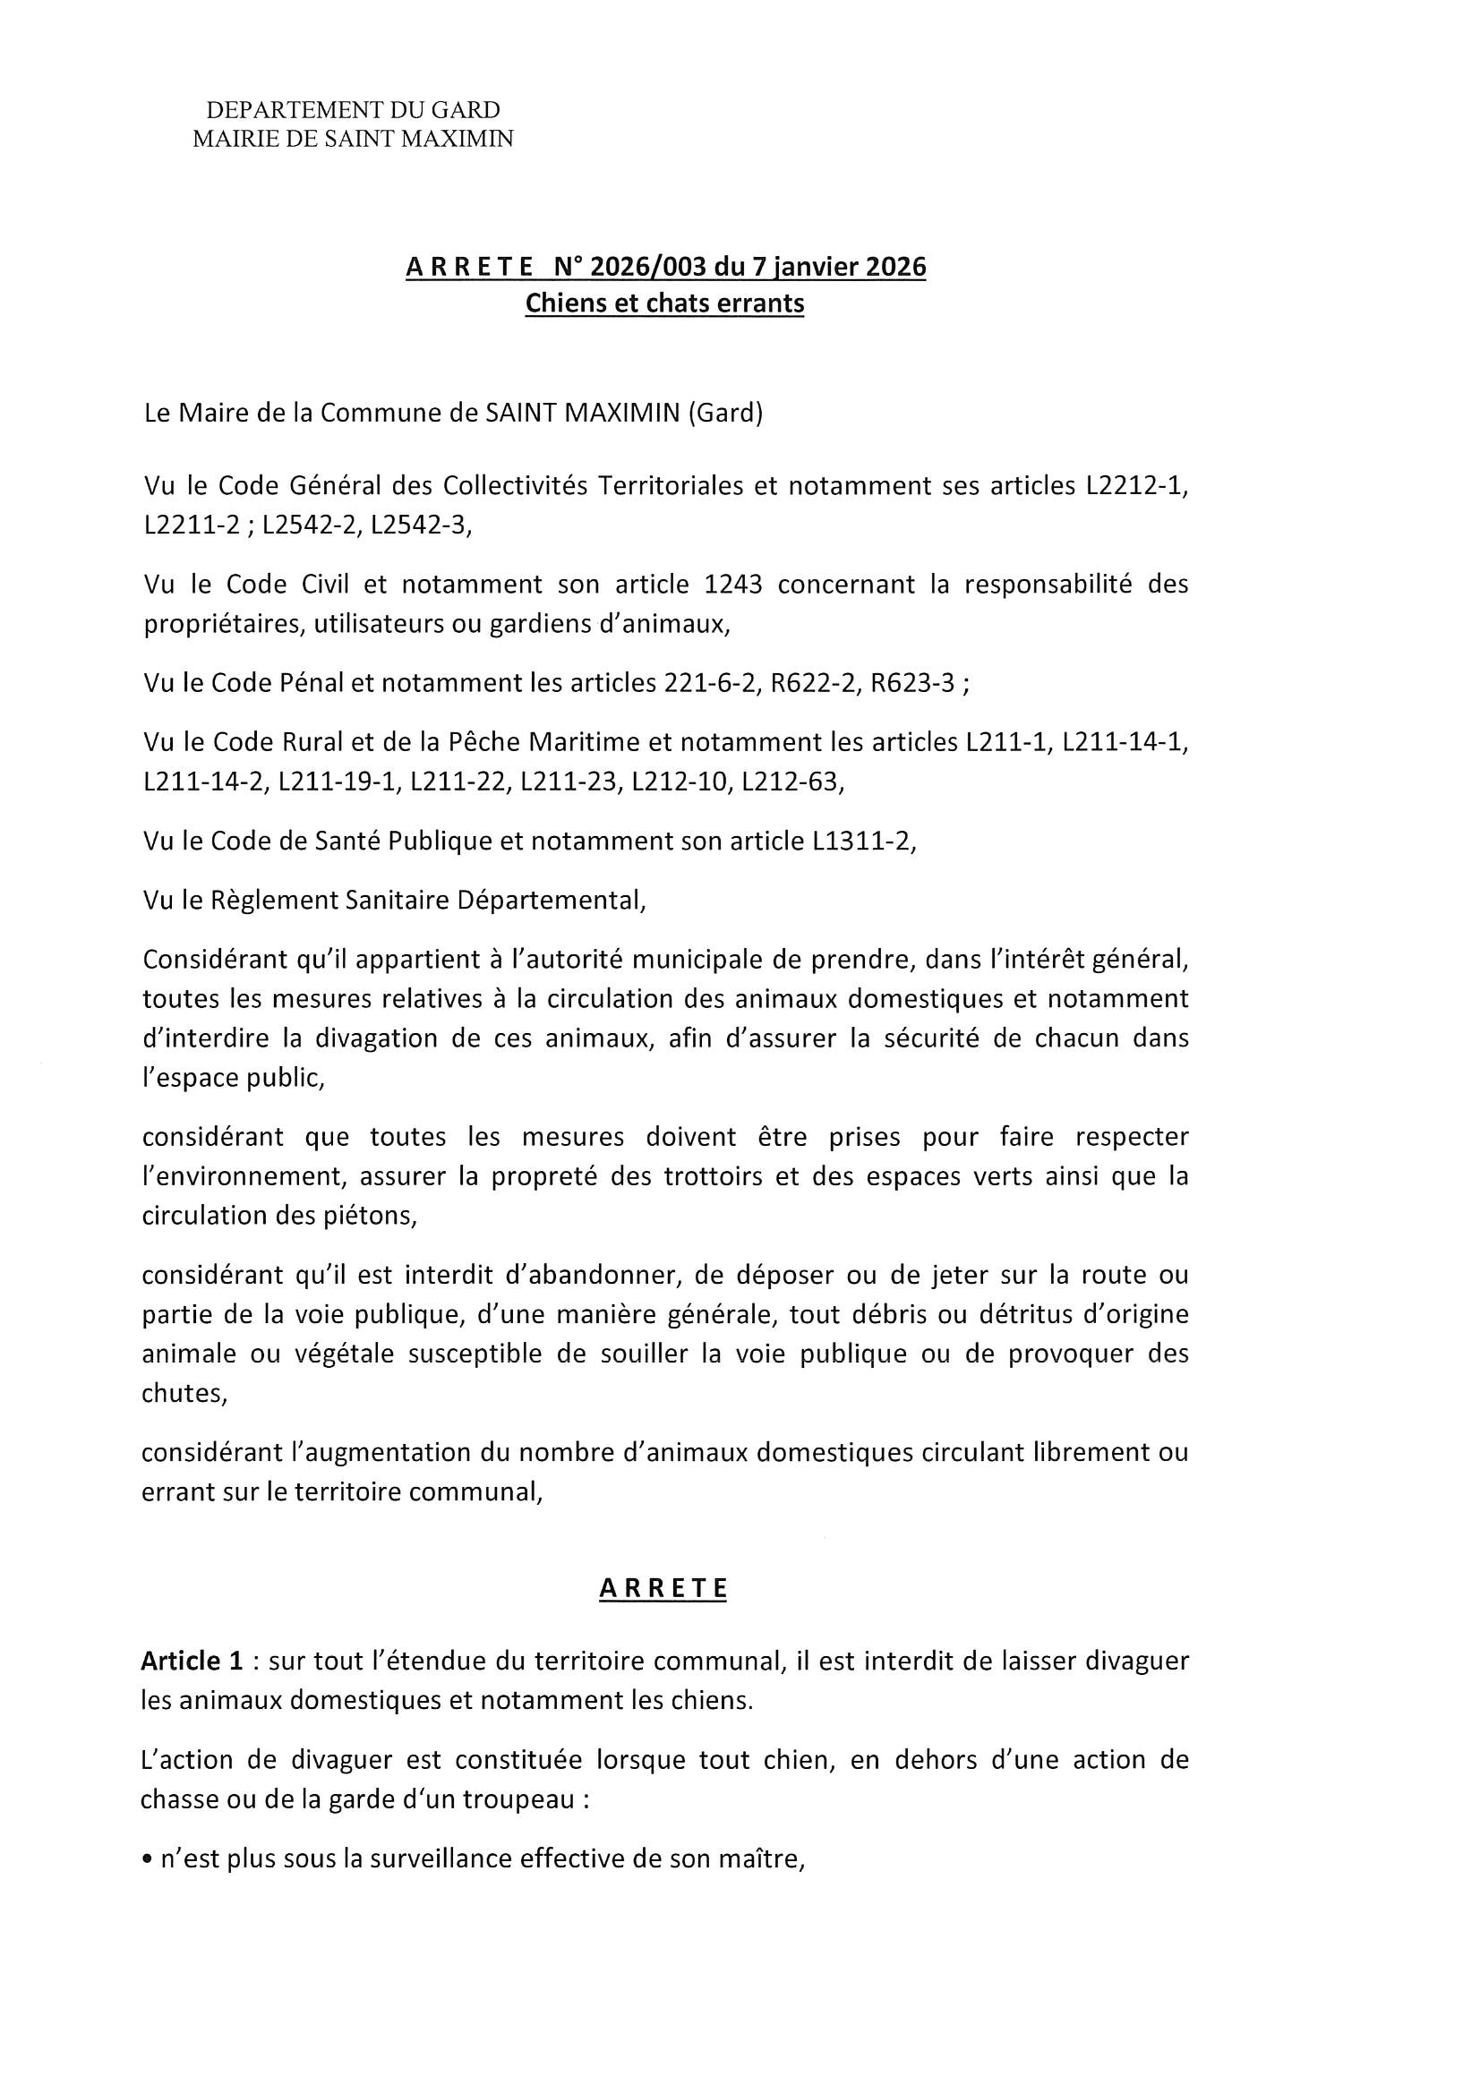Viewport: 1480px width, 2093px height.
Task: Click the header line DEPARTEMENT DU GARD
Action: point(353,110)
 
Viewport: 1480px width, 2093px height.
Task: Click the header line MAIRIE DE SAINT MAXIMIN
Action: point(353,139)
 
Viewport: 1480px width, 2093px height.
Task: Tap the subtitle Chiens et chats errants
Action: point(664,303)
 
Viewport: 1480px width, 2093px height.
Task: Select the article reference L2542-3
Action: point(421,526)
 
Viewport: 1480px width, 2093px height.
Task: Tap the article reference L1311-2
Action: point(860,841)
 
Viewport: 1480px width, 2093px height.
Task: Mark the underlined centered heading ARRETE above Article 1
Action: point(663,1589)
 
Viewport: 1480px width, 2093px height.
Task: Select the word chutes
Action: point(184,1394)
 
